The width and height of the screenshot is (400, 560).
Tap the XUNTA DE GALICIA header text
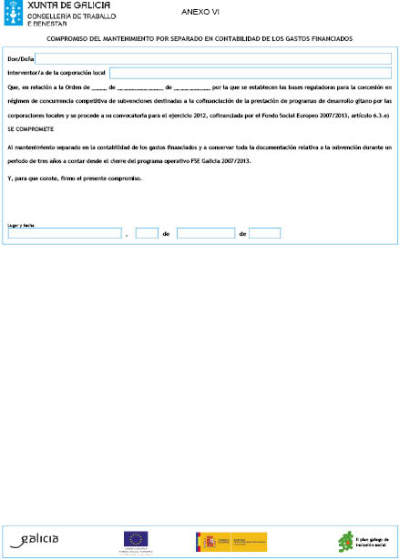57,7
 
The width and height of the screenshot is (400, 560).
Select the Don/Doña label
20,58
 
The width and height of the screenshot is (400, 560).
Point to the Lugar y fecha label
19,223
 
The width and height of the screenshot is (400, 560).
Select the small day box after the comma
147,233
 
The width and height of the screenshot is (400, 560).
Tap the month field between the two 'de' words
205,233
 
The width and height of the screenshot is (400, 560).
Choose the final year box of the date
264,233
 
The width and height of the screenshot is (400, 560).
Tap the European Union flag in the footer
138,537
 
